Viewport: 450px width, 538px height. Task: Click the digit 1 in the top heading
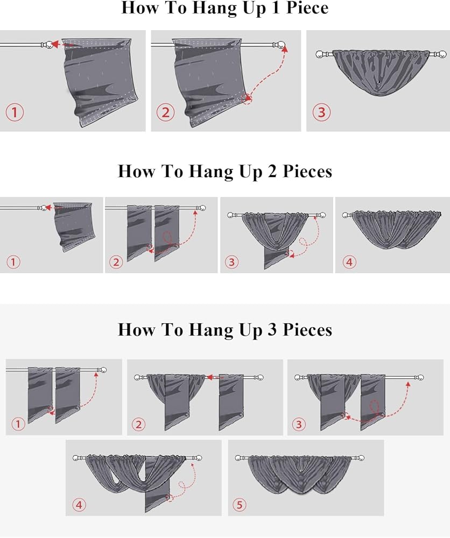pyautogui.click(x=275, y=8)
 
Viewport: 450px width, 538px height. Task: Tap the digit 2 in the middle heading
pyautogui.click(x=271, y=171)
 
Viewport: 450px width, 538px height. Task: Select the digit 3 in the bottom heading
pyautogui.click(x=271, y=329)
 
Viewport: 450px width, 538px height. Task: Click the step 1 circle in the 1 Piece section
pyautogui.click(x=15, y=112)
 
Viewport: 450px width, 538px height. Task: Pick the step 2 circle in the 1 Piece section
pyautogui.click(x=166, y=112)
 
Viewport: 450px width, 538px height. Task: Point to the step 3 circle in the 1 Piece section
pyautogui.click(x=322, y=112)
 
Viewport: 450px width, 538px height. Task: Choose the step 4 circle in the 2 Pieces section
pyautogui.click(x=349, y=262)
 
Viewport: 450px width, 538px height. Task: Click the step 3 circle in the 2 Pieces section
pyautogui.click(x=231, y=262)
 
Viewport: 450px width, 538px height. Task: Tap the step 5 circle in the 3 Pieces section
pyautogui.click(x=240, y=505)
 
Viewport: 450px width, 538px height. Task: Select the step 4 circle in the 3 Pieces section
pyautogui.click(x=79, y=505)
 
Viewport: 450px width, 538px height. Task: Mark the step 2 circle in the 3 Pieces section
pyautogui.click(x=139, y=424)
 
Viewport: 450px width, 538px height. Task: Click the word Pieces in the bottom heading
pyautogui.click(x=307, y=330)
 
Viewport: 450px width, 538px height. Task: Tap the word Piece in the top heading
pyautogui.click(x=307, y=8)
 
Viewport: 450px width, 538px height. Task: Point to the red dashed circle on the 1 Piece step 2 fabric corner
pyautogui.click(x=247, y=99)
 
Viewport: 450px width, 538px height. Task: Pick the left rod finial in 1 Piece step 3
pyautogui.click(x=321, y=54)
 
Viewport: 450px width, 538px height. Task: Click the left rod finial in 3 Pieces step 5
pyautogui.click(x=239, y=458)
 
